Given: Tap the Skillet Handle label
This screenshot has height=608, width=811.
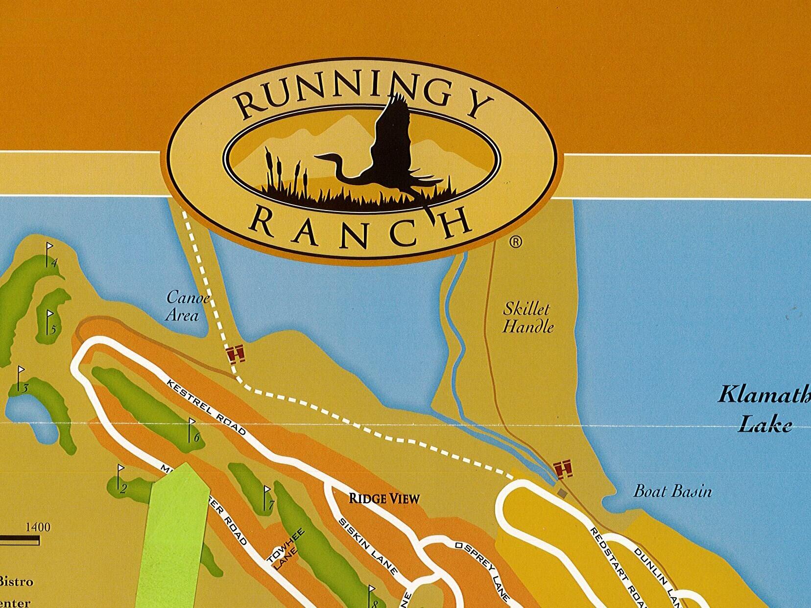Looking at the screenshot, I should [x=527, y=318].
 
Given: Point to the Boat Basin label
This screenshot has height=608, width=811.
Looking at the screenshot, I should [x=672, y=491].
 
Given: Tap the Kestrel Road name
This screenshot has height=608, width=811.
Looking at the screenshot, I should [x=206, y=406].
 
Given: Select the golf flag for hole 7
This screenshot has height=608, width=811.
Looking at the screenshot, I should [x=267, y=497].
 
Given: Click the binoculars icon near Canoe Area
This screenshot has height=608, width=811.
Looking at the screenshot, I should [x=237, y=353].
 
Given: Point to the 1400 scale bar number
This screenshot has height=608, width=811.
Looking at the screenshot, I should [x=38, y=527].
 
